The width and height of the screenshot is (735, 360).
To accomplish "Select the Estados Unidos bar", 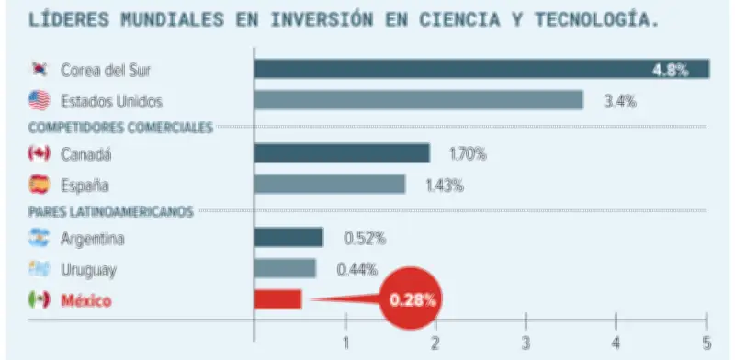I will tap(418, 100).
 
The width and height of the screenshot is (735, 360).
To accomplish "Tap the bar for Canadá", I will tap(341, 153).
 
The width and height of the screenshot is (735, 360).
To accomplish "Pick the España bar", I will tap(329, 184).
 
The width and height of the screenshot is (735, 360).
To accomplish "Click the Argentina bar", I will tap(288, 238).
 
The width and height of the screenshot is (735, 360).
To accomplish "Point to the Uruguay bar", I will tap(285, 269).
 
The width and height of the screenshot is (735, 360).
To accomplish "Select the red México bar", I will tap(277, 299).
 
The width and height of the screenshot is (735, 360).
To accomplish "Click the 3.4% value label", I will tap(620, 101).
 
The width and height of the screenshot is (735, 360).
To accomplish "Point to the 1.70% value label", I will tap(468, 154).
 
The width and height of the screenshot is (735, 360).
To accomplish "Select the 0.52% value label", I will tap(365, 239).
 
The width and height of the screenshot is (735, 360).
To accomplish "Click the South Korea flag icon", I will tap(39, 70).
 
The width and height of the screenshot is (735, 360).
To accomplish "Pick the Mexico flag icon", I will tap(39, 299).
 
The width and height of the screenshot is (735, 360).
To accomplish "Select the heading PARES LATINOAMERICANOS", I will tap(111, 212).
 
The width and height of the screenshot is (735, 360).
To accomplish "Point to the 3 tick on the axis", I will tap(526, 344).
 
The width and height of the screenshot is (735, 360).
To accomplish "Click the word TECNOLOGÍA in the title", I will tap(596, 18).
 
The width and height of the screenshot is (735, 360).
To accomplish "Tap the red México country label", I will tap(85, 300).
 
